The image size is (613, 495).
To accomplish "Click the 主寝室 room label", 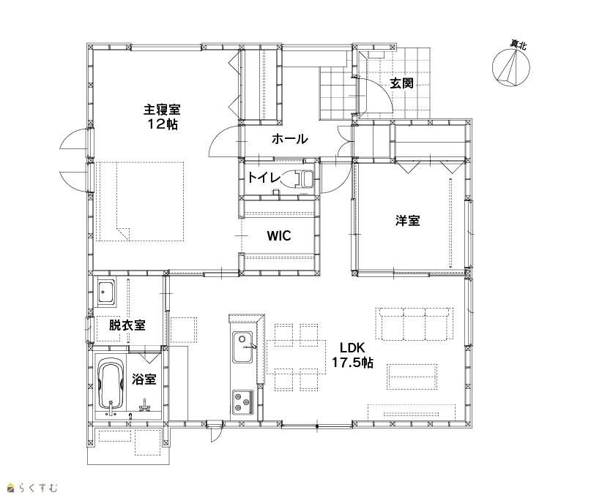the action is point(162,109).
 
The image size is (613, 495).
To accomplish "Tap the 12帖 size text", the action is point(163,124).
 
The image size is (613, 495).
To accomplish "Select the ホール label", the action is point(290,139).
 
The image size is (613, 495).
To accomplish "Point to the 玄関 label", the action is point(401,83).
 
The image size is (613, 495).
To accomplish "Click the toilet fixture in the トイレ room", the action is point(299,179).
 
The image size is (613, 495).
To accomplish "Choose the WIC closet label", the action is point(279,235).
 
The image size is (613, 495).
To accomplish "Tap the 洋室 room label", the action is point(407,221).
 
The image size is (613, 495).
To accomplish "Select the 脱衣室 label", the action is point(127,325).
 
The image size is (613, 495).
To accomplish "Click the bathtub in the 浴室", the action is point(111,386).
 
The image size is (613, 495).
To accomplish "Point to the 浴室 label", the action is point(144,379).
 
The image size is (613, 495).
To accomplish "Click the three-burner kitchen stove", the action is point(243,402).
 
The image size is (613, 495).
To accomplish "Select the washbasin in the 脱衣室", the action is point(106,292).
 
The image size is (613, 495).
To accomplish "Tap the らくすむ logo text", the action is point(38,488).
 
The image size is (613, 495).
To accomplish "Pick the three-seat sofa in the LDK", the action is point(415,324).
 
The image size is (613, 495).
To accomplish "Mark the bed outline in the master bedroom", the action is point(140,202).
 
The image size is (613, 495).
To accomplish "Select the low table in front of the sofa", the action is point(412,377).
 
